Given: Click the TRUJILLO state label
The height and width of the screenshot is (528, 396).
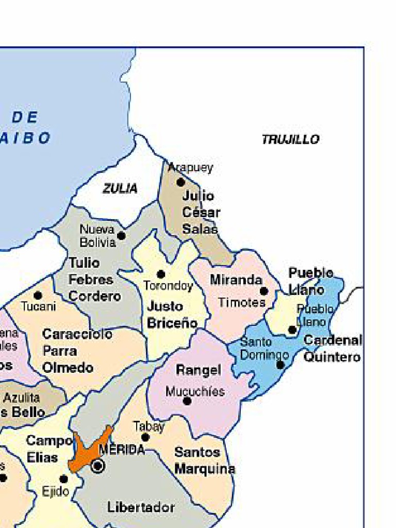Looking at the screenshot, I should (290, 139).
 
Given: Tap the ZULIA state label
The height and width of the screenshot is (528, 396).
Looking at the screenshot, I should (120, 189).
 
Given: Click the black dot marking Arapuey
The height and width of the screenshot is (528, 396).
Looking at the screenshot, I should (180, 182).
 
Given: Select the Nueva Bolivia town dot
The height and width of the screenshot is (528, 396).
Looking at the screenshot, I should (121, 236).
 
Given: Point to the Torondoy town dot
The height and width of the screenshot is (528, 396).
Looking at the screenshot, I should (161, 274).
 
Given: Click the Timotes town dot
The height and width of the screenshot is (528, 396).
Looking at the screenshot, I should (264, 291).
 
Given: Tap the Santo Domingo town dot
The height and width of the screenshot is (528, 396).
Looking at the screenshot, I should (280, 365).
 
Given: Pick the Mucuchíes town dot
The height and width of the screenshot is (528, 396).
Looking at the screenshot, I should (187, 401).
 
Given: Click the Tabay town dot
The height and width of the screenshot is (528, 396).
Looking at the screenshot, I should (145, 437).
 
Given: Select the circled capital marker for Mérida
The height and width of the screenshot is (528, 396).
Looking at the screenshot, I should (97, 466).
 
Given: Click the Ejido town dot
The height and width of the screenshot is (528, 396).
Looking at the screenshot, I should (63, 479).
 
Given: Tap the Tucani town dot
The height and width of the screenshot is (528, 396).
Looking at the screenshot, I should (38, 295).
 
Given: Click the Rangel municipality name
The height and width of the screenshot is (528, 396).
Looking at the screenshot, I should (198, 370).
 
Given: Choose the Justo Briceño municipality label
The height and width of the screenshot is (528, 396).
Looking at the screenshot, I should (172, 315).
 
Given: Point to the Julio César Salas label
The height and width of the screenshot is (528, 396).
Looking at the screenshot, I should (201, 212).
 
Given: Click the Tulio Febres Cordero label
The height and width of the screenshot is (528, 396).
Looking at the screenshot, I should (94, 279).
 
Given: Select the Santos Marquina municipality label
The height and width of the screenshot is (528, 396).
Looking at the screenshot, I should (204, 460).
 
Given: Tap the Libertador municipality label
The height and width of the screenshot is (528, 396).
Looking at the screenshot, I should (141, 507).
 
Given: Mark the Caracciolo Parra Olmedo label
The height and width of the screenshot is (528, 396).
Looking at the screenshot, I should (76, 351).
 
